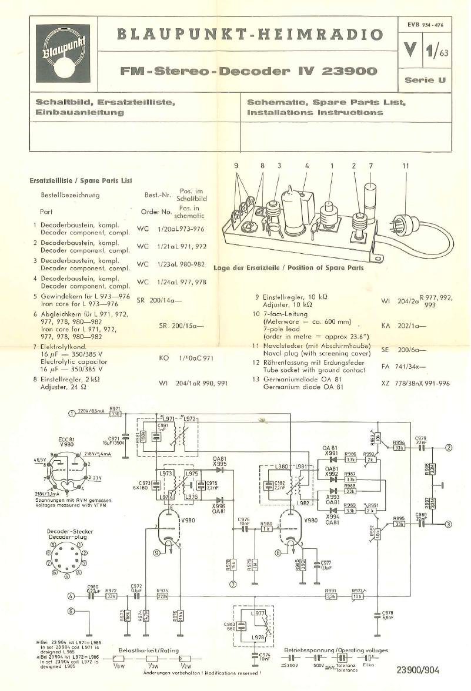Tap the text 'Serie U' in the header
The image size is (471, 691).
coord(425,80)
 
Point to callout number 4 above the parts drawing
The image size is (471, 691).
coord(306,166)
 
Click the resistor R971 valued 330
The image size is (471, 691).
coord(115,414)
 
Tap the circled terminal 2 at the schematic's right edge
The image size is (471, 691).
coord(449,448)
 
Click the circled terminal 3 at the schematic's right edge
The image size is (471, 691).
coord(449,525)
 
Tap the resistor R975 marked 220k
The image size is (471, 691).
coord(163,596)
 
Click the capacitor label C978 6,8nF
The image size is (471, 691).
coord(387,615)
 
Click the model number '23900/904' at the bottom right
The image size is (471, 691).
coord(417,670)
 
